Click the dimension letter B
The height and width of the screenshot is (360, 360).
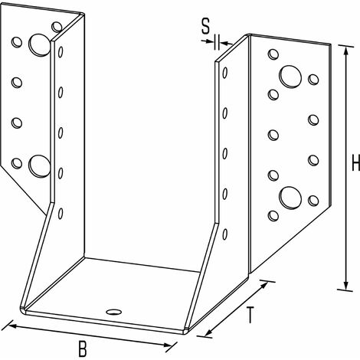[83, 349]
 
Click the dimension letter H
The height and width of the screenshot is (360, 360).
[355, 162]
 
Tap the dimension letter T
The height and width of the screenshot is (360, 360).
[250, 315]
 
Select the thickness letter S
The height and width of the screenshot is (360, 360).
[205, 27]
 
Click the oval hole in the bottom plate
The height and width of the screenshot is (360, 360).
[114, 312]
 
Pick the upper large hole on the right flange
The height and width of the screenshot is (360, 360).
[290, 76]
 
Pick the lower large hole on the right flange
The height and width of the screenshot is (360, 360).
[290, 198]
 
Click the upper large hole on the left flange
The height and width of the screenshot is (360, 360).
[39, 44]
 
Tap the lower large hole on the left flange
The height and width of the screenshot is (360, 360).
[39, 166]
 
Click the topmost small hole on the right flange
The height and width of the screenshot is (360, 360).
[273, 54]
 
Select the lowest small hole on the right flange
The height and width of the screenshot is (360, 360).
[273, 216]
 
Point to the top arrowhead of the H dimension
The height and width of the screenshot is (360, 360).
[346, 51]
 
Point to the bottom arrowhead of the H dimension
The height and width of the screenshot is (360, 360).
[346, 285]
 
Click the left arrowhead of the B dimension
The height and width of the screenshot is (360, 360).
[13, 326]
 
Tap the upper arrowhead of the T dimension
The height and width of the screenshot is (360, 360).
[263, 285]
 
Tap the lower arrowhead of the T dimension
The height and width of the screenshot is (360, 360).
[209, 332]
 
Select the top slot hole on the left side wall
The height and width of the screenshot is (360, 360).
[61, 52]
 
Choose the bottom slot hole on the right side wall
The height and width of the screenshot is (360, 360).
[225, 234]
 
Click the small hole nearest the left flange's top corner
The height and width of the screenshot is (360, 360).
[57, 27]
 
